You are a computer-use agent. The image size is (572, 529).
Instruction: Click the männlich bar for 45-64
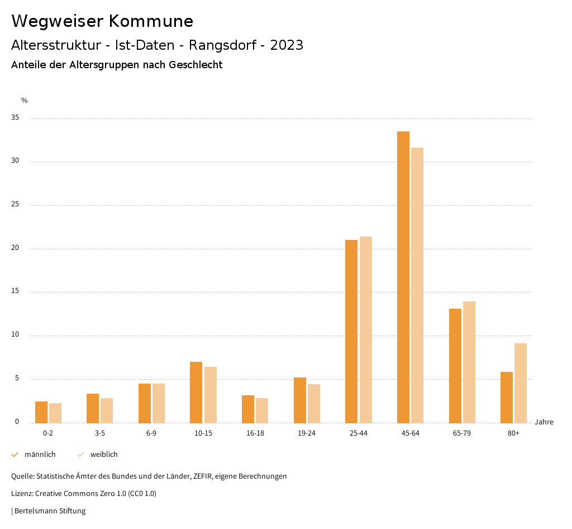tap(403, 277)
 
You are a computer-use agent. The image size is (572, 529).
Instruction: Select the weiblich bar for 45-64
tap(417, 285)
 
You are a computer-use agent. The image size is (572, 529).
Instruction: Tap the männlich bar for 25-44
tap(351, 331)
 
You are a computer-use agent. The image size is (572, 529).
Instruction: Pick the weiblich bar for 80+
tap(521, 383)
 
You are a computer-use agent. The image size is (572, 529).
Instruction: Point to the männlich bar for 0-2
tap(41, 412)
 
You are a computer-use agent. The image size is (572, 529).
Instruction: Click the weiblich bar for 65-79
tap(469, 362)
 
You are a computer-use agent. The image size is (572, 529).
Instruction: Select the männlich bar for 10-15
tap(196, 392)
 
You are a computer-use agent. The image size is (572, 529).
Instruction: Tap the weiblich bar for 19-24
tap(314, 403)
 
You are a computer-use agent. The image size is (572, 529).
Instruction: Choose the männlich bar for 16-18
tap(248, 409)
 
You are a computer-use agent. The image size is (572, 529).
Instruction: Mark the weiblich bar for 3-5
tap(107, 410)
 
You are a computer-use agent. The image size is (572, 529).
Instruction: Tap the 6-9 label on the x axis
tap(151, 433)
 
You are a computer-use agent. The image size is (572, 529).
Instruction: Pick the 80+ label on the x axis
tap(513, 433)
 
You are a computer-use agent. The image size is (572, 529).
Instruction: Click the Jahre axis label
tap(544, 422)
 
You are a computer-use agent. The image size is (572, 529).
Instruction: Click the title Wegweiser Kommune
tap(102, 21)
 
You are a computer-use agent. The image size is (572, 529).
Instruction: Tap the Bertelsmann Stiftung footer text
tap(50, 511)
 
